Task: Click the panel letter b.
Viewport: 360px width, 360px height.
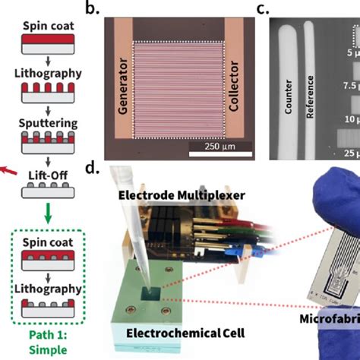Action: click(x=92, y=10)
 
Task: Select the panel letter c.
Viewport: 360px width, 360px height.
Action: click(x=260, y=10)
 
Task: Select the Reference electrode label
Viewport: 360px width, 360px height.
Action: click(x=310, y=99)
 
